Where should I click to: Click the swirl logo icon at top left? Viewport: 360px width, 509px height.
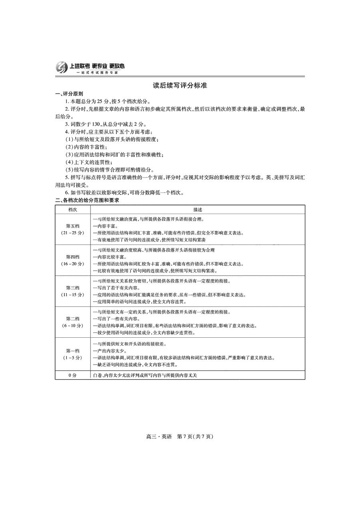[x=62, y=68]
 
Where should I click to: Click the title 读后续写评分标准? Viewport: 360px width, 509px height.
[x=180, y=85]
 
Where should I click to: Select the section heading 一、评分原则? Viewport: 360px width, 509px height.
[x=69, y=94]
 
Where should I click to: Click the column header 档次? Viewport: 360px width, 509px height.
[x=72, y=209]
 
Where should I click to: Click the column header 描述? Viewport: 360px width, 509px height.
[x=197, y=209]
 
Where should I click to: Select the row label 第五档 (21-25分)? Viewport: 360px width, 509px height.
[x=72, y=229]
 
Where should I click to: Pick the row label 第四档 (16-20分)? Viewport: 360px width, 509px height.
[x=72, y=260]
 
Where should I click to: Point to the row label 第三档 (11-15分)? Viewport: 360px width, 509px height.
[x=72, y=291]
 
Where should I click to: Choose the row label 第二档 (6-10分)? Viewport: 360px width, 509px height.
[x=72, y=322]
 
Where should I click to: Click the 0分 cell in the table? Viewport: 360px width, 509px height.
[x=72, y=375]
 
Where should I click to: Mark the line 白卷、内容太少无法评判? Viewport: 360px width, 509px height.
[x=148, y=375]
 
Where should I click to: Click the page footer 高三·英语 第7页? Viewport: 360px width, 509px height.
[x=180, y=436]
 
